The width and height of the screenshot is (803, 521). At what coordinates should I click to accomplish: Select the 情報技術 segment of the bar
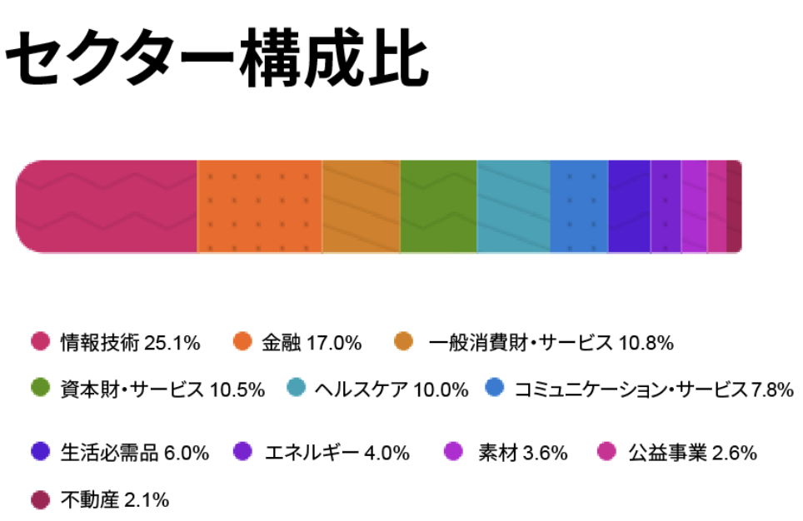(107, 206)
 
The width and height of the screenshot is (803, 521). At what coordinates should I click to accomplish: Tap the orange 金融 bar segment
(259, 206)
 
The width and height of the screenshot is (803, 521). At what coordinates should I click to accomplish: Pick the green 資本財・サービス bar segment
(438, 206)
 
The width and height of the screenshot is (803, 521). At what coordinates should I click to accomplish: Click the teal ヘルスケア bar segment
(513, 206)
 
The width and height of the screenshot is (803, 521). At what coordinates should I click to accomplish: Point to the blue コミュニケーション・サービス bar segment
(579, 206)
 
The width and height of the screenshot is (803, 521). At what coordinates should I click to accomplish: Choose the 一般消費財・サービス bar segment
(361, 206)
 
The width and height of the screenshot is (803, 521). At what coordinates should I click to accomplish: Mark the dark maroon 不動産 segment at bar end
(733, 206)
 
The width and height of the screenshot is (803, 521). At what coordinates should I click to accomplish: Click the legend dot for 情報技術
(40, 341)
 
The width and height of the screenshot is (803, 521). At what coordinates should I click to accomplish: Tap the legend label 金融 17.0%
(311, 342)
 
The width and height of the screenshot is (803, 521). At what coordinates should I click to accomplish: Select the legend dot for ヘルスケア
(296, 388)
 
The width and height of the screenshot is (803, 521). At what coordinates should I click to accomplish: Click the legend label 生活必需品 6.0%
(133, 453)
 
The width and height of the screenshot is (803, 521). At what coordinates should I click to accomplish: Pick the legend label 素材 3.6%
(522, 453)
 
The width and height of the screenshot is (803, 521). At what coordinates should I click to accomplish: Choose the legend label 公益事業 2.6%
(692, 453)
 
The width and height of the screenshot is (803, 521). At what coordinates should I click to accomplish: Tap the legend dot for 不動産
(40, 499)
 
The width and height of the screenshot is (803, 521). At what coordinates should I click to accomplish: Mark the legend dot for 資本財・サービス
(40, 388)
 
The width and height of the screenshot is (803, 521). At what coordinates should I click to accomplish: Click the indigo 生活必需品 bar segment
(629, 206)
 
